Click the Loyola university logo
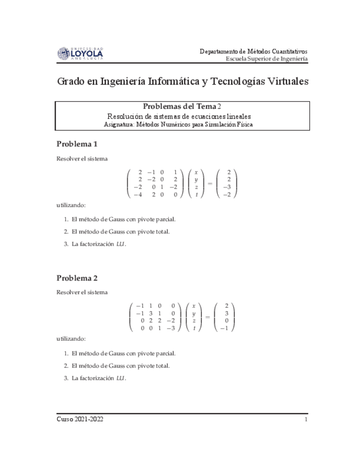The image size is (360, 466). click(80, 53)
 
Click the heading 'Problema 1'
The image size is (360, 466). click(77, 145)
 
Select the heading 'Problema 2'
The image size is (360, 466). click(77, 278)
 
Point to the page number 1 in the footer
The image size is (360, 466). click(305, 419)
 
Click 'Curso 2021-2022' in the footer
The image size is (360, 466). click(80, 419)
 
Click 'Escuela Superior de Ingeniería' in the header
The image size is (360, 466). click(267, 59)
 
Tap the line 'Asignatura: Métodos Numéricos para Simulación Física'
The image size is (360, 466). click(182, 125)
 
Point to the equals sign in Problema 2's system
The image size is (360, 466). click(208, 317)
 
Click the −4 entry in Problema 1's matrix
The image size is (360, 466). click(138, 195)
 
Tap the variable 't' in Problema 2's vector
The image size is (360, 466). click(193, 328)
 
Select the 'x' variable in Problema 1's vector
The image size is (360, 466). click(196, 173)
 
